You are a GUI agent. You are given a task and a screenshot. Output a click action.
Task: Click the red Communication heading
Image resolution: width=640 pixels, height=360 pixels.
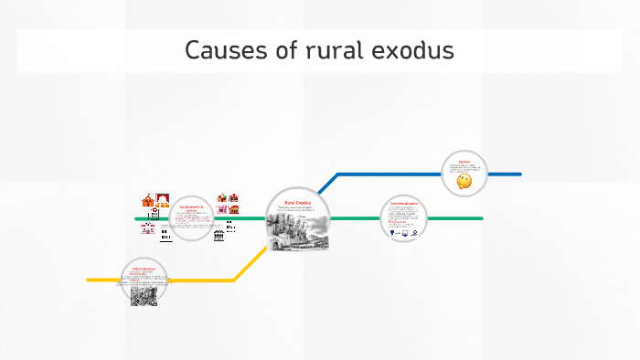coord(403,203)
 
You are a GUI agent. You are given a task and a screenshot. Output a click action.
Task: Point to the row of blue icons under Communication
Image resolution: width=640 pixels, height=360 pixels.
coord(403,232)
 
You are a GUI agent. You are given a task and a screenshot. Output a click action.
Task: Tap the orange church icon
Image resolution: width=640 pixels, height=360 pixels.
coord(147,200)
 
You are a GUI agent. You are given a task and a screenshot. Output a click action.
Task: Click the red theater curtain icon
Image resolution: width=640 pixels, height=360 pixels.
coord(163,199)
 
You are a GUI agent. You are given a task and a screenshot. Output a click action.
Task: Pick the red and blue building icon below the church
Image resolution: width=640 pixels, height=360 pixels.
coord(148,228)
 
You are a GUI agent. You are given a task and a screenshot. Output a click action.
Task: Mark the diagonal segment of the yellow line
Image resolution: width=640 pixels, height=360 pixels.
coord(249,264)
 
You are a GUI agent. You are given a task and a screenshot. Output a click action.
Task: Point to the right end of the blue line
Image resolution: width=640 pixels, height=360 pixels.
coord(519,174)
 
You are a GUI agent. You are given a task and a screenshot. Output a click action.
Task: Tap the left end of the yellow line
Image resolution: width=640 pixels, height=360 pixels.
coord(89,280)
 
